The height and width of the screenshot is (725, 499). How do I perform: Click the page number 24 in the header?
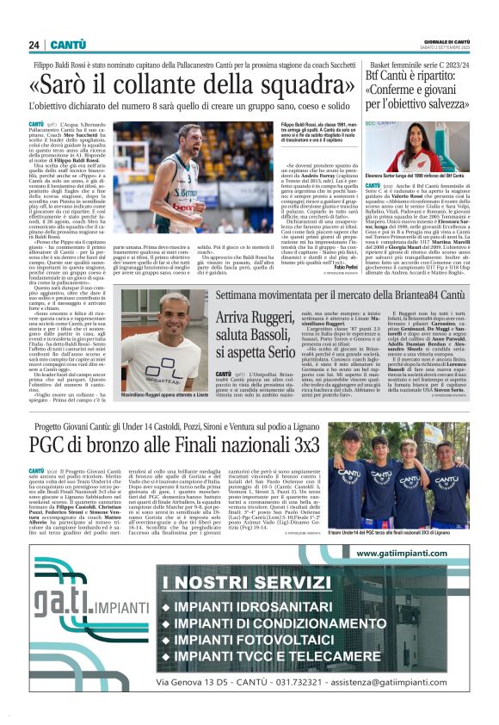[34, 45]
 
